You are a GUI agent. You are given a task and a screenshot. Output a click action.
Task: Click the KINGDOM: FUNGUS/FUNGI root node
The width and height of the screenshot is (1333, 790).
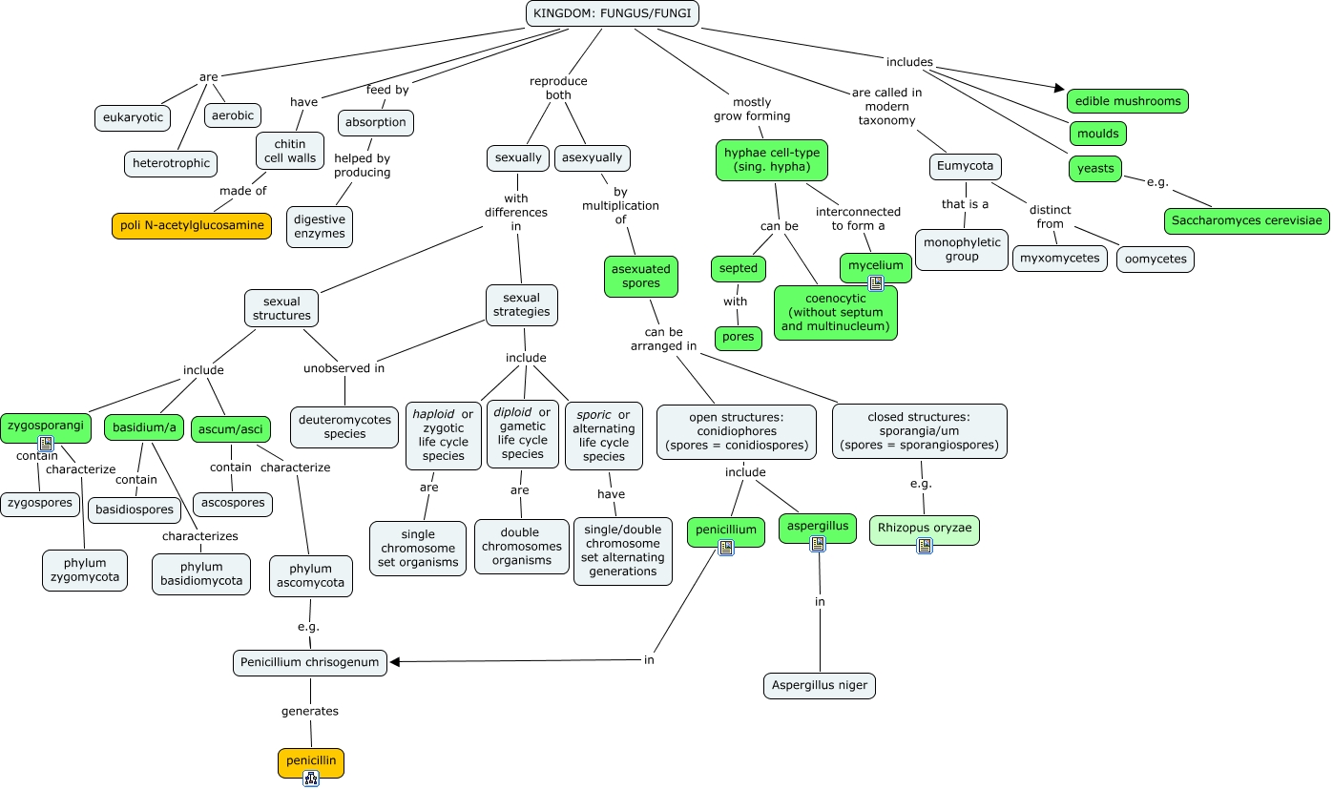point(613,13)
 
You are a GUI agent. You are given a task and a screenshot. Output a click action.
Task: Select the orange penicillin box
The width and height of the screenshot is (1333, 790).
point(311,762)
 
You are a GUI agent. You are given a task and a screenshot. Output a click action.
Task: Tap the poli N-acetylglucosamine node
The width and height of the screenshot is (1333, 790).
point(192,225)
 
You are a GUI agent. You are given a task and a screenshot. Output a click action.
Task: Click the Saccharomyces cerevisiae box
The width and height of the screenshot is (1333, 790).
point(1246,220)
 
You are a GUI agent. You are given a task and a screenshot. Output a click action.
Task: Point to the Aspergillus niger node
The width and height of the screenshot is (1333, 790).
point(820,685)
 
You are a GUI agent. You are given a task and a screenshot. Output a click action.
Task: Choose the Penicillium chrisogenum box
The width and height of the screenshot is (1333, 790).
point(309,663)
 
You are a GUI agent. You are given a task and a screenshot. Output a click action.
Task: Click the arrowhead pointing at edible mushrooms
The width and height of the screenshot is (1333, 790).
point(1059,88)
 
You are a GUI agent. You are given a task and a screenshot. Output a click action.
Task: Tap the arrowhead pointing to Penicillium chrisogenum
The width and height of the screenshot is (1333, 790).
point(395,661)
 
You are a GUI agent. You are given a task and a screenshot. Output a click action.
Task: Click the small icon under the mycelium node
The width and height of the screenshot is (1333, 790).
point(876,283)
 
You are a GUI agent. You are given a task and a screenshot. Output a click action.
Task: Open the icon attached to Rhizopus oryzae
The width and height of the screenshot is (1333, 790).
point(925,546)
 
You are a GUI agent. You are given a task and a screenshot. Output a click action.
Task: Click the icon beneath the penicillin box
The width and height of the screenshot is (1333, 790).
point(311,779)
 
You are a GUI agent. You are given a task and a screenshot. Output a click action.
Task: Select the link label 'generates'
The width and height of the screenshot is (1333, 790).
point(310,712)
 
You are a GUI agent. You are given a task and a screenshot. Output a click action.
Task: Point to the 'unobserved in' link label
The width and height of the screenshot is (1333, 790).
point(344,368)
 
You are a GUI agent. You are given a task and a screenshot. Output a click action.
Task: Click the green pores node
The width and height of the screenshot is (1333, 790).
point(738,338)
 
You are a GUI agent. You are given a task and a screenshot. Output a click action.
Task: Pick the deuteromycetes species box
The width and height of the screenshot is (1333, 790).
point(344,426)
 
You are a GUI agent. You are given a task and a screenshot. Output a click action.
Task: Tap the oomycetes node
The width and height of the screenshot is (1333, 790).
point(1156,260)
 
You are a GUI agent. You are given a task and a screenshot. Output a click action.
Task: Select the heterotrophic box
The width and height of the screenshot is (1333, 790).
point(171,163)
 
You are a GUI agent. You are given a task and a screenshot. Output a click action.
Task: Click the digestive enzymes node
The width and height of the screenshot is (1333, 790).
point(320,227)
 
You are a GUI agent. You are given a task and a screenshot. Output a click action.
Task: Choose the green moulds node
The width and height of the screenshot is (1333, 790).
point(1098,134)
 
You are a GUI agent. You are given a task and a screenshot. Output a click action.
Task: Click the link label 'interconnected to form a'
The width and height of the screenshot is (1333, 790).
point(858,218)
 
